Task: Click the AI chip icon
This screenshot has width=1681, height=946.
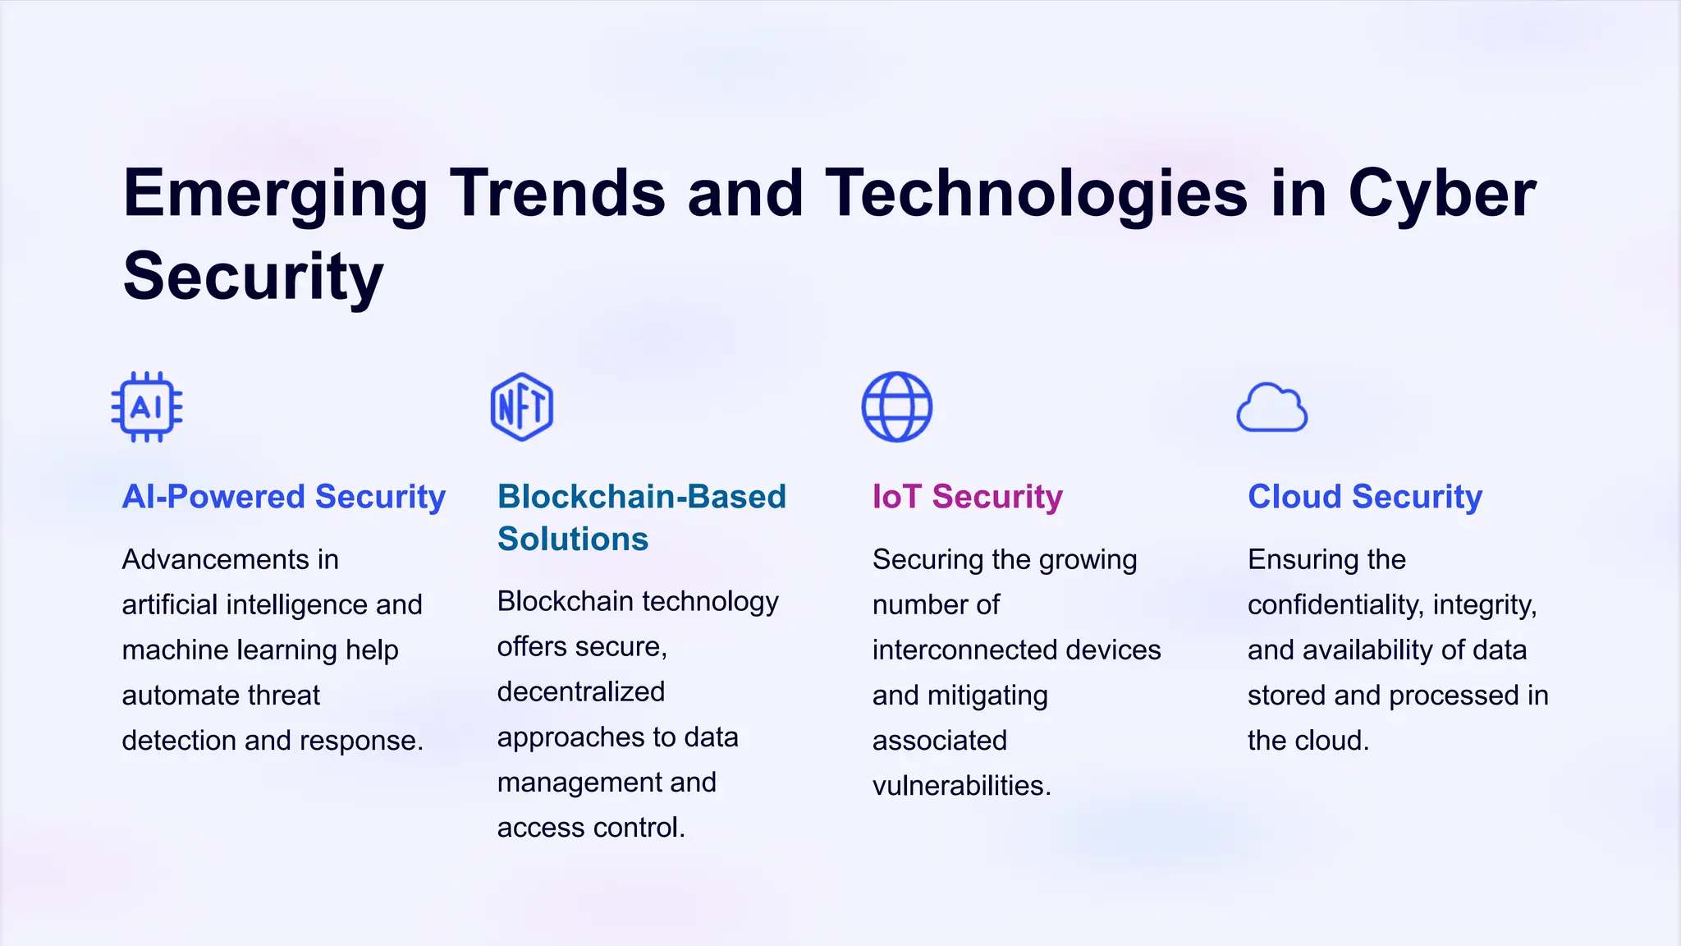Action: click(x=147, y=407)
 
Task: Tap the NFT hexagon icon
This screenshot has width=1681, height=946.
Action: click(x=522, y=407)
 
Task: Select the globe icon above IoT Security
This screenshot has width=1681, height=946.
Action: click(x=896, y=407)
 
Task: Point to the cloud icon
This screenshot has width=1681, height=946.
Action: click(x=1271, y=408)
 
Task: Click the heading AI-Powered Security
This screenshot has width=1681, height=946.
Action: click(x=283, y=497)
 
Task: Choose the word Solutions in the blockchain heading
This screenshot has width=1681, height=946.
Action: click(x=573, y=540)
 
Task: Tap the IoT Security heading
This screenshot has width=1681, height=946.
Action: click(x=967, y=497)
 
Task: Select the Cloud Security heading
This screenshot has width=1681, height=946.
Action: click(x=1364, y=497)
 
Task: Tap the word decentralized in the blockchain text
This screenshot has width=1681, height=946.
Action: click(x=580, y=692)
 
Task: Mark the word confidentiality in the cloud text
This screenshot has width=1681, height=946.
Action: click(x=1335, y=605)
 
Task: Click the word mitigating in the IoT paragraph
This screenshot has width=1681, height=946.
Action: click(x=987, y=696)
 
